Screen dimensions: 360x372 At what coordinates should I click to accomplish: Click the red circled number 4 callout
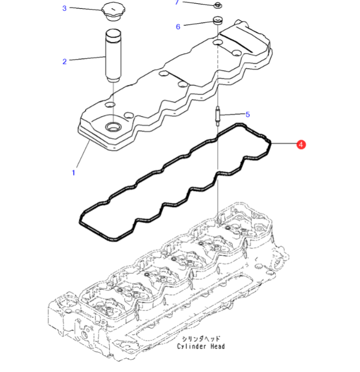click(301, 144)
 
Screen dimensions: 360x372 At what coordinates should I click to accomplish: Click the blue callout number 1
click(74, 173)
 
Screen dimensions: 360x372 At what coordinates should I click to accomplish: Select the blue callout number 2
click(64, 61)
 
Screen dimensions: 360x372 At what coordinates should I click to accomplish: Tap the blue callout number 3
click(64, 8)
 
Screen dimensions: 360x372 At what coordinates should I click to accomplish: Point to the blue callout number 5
click(248, 115)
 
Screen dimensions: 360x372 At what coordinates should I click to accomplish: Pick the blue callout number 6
click(178, 26)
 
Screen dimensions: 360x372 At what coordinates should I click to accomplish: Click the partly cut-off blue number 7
click(177, 2)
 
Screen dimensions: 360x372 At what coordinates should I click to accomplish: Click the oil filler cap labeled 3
click(113, 13)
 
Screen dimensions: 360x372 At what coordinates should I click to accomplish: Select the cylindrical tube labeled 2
click(113, 55)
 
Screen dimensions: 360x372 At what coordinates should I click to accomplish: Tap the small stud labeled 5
click(218, 116)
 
